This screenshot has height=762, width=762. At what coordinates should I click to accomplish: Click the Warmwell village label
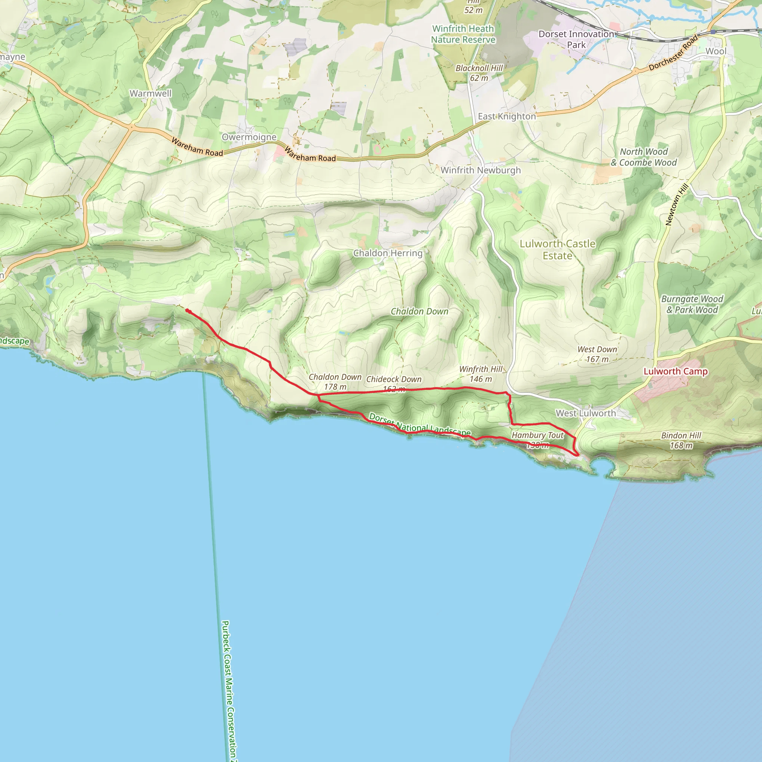150,93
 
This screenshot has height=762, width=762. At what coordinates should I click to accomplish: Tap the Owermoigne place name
249,137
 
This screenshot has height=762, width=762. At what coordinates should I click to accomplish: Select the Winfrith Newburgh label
480,170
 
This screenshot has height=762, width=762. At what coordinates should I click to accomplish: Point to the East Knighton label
506,116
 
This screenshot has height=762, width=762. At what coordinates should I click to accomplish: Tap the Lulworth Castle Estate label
557,249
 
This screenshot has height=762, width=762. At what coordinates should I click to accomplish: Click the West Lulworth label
585,413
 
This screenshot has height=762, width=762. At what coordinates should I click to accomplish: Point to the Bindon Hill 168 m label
681,440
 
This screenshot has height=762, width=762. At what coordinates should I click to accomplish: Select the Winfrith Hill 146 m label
480,374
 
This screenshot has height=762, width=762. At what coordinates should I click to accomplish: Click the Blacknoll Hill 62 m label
479,73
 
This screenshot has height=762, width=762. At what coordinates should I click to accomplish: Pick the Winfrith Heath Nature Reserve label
462,34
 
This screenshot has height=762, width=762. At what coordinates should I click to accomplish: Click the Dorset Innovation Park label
576,39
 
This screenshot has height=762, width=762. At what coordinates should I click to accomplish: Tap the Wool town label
715,51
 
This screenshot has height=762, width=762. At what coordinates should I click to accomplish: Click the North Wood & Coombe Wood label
643,157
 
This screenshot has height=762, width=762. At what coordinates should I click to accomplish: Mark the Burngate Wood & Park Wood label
692,304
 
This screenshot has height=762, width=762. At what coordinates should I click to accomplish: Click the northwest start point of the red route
187,310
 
